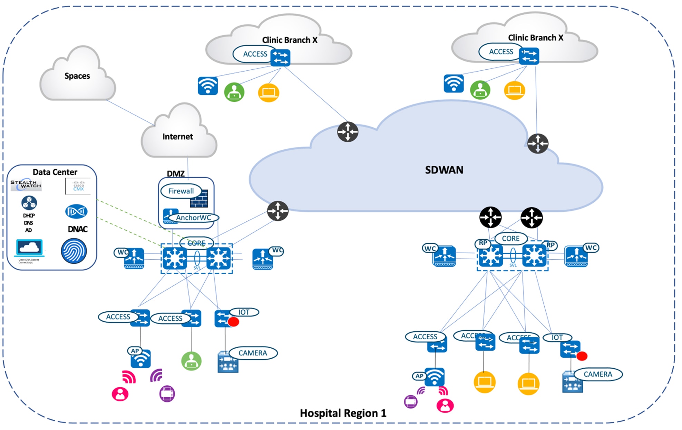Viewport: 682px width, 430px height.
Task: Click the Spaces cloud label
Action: point(77,76)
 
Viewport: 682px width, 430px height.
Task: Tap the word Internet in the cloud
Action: point(177,137)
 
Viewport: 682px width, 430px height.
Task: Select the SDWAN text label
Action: point(444,170)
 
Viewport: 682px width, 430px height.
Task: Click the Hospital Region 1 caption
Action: point(343,413)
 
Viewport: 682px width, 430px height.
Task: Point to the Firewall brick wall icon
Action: point(199,199)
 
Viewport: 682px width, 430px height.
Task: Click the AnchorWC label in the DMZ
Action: point(193,218)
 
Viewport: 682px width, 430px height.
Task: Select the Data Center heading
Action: point(55,172)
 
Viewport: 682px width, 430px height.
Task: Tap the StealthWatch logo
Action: point(26,185)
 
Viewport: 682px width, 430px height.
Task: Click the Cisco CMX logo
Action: point(78,186)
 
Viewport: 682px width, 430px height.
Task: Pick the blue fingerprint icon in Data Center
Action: point(74,251)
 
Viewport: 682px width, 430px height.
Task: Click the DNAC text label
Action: point(78,229)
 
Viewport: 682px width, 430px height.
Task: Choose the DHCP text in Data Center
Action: point(29,216)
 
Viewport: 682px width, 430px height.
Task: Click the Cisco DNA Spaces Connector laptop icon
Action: point(30,248)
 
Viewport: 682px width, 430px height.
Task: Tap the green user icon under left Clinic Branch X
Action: point(234,92)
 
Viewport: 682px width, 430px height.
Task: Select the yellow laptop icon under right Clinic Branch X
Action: point(514,90)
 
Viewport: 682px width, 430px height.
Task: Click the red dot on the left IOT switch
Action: point(233,322)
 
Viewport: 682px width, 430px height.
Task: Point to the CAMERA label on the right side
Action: point(598,374)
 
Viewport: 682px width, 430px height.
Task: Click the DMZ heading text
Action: point(176,174)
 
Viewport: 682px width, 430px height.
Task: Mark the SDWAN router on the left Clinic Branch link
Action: point(348,132)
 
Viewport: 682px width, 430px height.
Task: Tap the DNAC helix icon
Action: point(76,211)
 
